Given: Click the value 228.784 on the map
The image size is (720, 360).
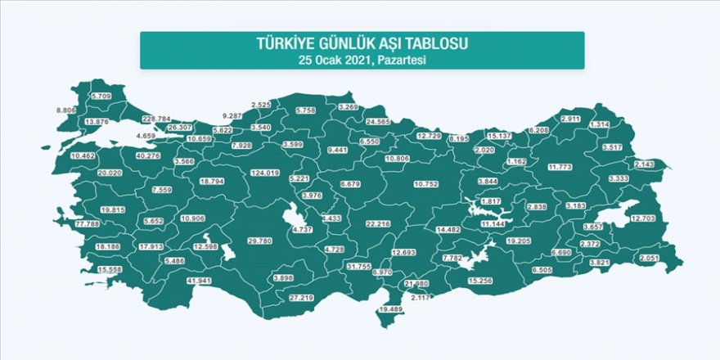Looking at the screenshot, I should coord(156,119).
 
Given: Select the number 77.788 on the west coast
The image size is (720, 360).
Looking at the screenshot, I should coord(88,223).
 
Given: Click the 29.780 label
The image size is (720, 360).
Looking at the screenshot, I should coord(259,241).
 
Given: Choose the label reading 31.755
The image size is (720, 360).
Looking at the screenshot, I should coord(359,267).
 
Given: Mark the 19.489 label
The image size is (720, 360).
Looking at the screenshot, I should coord(394,309).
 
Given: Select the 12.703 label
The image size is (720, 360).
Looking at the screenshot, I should coord(646,218).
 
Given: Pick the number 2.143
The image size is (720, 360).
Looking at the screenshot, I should coord(646,164).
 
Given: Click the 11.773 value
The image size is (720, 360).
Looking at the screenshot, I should coord(560,167).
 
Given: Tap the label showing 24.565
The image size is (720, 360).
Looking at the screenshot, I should coord(378,121).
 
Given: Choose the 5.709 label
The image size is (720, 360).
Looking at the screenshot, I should coord(101,96).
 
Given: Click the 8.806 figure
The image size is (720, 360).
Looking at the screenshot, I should coord(66,110).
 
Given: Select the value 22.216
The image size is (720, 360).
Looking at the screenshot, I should coord(379,223).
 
